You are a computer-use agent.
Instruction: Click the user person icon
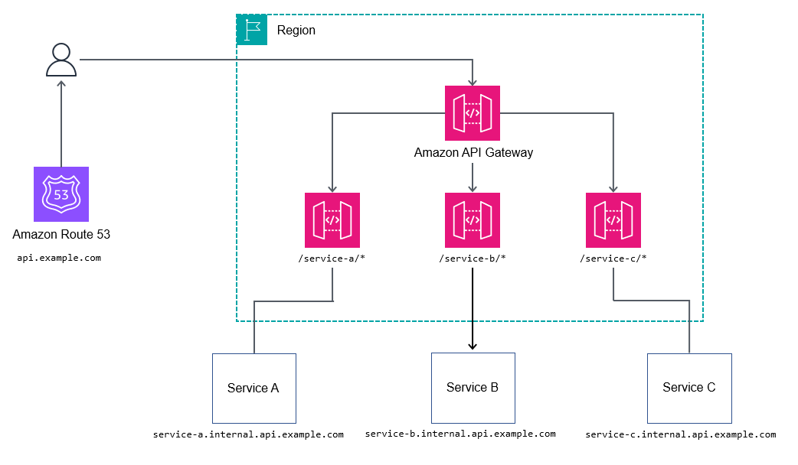point(61,60)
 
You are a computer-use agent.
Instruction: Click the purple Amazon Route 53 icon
point(61,194)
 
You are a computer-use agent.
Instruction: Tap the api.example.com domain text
point(59,259)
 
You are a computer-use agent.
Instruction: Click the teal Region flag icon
point(251,30)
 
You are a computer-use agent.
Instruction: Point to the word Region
point(296,31)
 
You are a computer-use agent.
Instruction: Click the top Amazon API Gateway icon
point(473,112)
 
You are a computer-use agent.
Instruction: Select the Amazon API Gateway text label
point(473,152)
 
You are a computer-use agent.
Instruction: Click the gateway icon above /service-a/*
point(332,220)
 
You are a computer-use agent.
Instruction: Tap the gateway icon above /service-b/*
point(473,220)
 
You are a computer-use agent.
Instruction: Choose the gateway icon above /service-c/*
point(613,220)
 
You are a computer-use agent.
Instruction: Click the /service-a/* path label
point(332,259)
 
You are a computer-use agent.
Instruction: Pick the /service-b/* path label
point(473,259)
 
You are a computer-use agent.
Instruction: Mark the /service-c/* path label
point(613,259)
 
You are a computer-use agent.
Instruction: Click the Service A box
point(254,389)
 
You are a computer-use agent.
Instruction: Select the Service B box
point(473,388)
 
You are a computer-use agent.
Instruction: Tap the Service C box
point(689,389)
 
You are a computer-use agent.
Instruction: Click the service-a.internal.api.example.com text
point(248,434)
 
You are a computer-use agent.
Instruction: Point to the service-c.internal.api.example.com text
point(681,434)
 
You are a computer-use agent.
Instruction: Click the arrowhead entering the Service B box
point(473,346)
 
